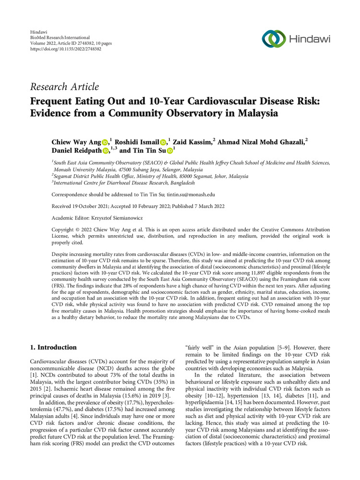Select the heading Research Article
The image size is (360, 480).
tap(64, 87)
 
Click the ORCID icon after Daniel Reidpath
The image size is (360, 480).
tap(106, 151)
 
